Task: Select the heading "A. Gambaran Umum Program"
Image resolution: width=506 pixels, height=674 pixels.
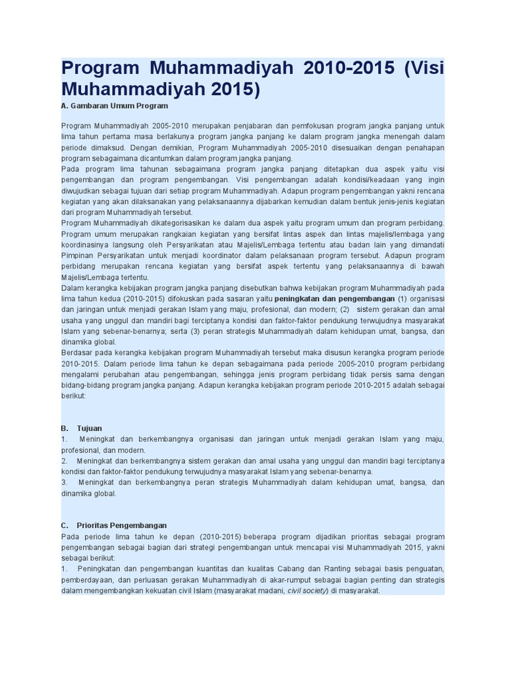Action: point(115,105)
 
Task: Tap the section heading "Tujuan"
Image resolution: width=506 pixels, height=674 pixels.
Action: point(89,428)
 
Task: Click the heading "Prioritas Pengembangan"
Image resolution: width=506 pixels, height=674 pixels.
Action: point(122,525)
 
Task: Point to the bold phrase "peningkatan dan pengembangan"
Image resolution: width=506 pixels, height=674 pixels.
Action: point(335,298)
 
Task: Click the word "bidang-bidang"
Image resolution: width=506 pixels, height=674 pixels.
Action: point(84,386)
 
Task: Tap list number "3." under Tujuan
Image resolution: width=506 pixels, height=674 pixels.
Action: point(64,482)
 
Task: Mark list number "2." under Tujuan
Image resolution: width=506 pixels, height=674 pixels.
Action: point(64,461)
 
